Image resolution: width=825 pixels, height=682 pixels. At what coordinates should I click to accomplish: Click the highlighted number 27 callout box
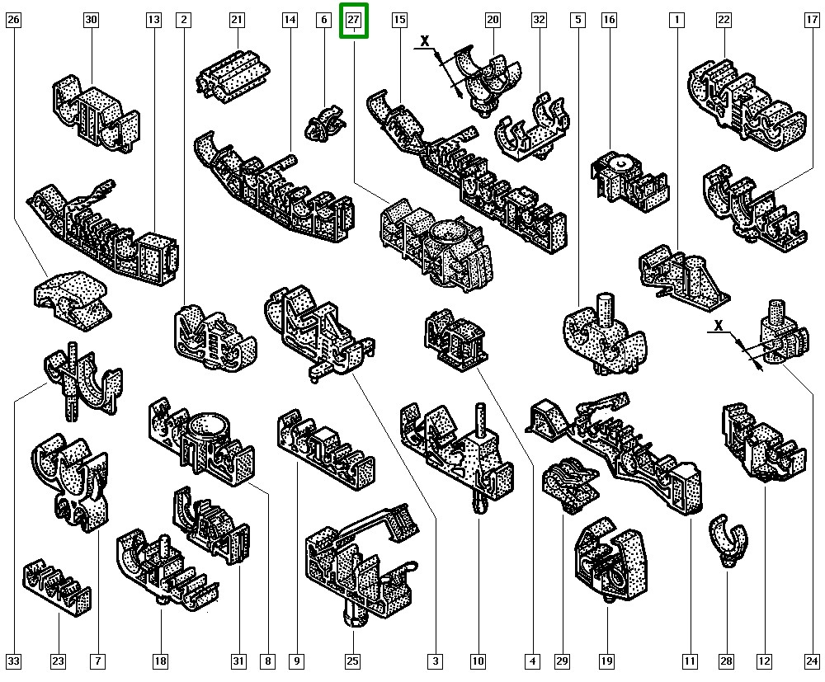(x=354, y=21)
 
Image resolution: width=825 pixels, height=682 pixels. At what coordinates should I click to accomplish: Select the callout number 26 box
(x=14, y=20)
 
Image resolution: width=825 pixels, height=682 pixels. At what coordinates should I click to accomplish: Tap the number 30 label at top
(x=91, y=20)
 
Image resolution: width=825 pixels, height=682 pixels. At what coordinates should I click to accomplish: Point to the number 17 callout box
(x=812, y=20)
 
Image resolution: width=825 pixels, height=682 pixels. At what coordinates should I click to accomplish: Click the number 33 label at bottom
(x=14, y=661)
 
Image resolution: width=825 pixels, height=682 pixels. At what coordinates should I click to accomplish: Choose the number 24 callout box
(x=812, y=661)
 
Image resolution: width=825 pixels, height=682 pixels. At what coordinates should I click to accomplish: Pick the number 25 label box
(x=352, y=661)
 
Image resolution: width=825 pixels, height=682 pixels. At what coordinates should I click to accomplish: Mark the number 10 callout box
(x=478, y=661)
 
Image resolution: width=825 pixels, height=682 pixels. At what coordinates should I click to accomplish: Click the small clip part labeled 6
(x=324, y=124)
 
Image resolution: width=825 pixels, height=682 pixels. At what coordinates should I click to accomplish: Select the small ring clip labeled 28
(x=728, y=540)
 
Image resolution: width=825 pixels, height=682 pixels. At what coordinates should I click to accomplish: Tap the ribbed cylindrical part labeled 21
(x=233, y=76)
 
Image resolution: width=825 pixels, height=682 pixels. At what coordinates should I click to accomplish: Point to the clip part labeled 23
(x=57, y=587)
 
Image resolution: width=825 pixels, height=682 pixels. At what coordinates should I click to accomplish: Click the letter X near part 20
(x=425, y=40)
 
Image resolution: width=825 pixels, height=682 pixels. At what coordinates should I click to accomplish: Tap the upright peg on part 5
(x=606, y=309)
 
